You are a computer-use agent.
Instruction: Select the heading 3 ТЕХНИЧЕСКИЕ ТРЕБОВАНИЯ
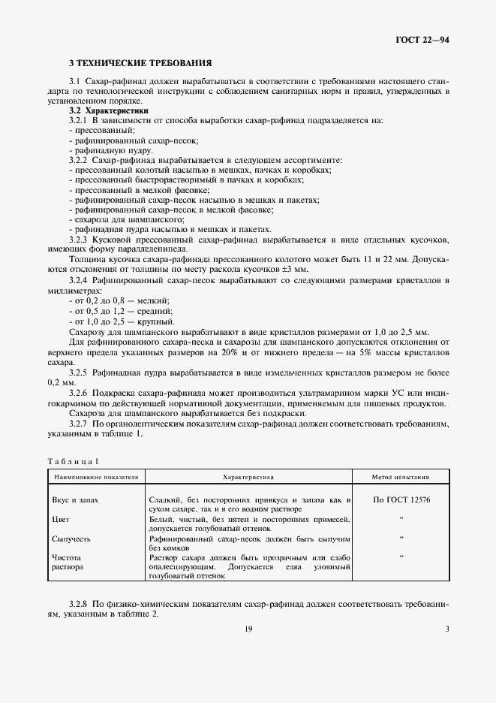tap(140, 63)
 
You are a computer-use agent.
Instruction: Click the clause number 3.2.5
tap(79, 373)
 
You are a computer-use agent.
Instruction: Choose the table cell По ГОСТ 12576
tap(401, 499)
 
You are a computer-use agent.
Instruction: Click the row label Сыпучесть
tap(71, 539)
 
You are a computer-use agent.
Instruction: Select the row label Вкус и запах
tap(75, 499)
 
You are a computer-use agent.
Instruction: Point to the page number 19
tap(248, 629)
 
